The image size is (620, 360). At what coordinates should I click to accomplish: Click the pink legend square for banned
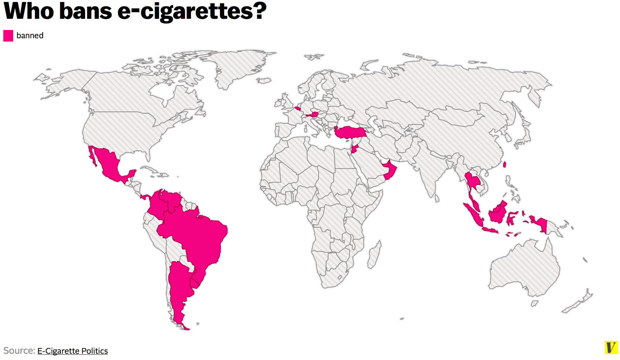pyautogui.click(x=8, y=36)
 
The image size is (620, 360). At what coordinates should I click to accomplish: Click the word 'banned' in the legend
pyautogui.click(x=30, y=36)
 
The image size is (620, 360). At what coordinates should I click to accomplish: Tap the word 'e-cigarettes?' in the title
pyautogui.click(x=192, y=11)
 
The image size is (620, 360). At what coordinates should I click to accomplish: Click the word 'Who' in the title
pyautogui.click(x=29, y=11)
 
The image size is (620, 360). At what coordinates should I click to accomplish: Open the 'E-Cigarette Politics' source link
pyautogui.click(x=73, y=351)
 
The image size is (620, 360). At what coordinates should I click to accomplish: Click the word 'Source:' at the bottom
pyautogui.click(x=19, y=350)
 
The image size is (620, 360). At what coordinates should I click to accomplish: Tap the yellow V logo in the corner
pyautogui.click(x=611, y=347)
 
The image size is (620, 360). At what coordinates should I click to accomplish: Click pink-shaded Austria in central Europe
pyautogui.click(x=312, y=115)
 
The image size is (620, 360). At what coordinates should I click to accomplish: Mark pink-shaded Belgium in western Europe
pyautogui.click(x=298, y=108)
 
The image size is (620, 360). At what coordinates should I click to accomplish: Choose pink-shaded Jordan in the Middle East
pyautogui.click(x=355, y=149)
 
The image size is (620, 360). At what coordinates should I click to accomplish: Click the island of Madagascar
pyautogui.click(x=374, y=255)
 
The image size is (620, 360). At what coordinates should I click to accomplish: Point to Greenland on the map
pyautogui.click(x=237, y=66)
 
